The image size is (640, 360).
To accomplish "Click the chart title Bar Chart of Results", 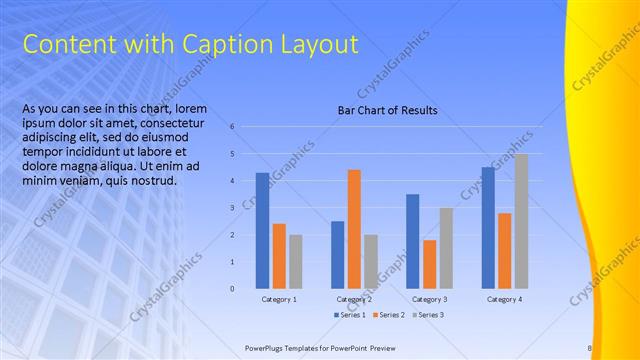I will point(387,110).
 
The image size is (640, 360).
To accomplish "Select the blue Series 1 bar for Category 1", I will point(262,231).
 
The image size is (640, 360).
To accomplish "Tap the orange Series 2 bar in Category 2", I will point(354,229).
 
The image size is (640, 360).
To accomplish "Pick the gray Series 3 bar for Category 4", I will point(521,221).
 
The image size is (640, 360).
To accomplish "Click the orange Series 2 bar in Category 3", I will point(429,264).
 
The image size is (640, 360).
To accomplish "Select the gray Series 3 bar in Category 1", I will point(295,262).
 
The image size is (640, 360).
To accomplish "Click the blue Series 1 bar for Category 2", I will point(337,255).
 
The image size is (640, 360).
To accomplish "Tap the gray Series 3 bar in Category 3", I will point(446,248).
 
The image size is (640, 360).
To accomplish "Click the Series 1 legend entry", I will point(349,315).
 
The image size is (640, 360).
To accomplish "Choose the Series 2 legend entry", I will point(388,315).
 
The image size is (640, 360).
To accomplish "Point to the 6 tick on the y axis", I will point(231,127).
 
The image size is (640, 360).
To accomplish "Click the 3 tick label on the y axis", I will point(231,208).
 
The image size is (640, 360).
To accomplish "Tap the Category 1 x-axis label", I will point(279,299).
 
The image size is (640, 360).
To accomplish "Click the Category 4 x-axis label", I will point(504,299).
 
